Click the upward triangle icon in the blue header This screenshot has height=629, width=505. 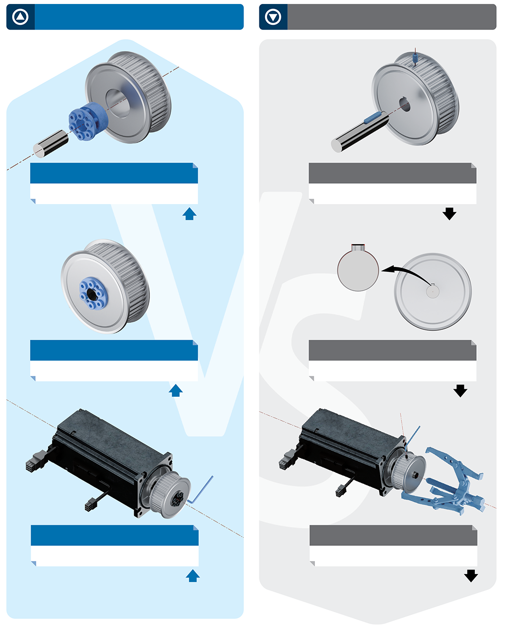[x=20, y=17]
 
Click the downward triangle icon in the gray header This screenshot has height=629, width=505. [x=273, y=17]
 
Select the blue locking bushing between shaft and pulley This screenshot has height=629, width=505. [x=88, y=121]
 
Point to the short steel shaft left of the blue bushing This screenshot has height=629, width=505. [x=50, y=144]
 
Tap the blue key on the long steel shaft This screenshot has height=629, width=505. [x=373, y=117]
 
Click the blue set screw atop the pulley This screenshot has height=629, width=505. [x=415, y=58]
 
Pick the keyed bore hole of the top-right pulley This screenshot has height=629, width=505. [x=405, y=104]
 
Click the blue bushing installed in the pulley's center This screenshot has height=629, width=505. [x=94, y=294]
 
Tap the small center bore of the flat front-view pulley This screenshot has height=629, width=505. [x=433, y=291]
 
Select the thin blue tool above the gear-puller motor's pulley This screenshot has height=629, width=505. [x=413, y=438]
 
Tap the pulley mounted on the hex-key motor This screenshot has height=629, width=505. [x=169, y=495]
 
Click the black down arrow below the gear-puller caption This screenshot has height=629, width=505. [x=471, y=576]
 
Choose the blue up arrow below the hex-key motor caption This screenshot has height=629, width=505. [x=193, y=576]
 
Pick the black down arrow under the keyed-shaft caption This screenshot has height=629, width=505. [x=450, y=213]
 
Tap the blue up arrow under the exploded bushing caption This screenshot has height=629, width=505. [x=189, y=213]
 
